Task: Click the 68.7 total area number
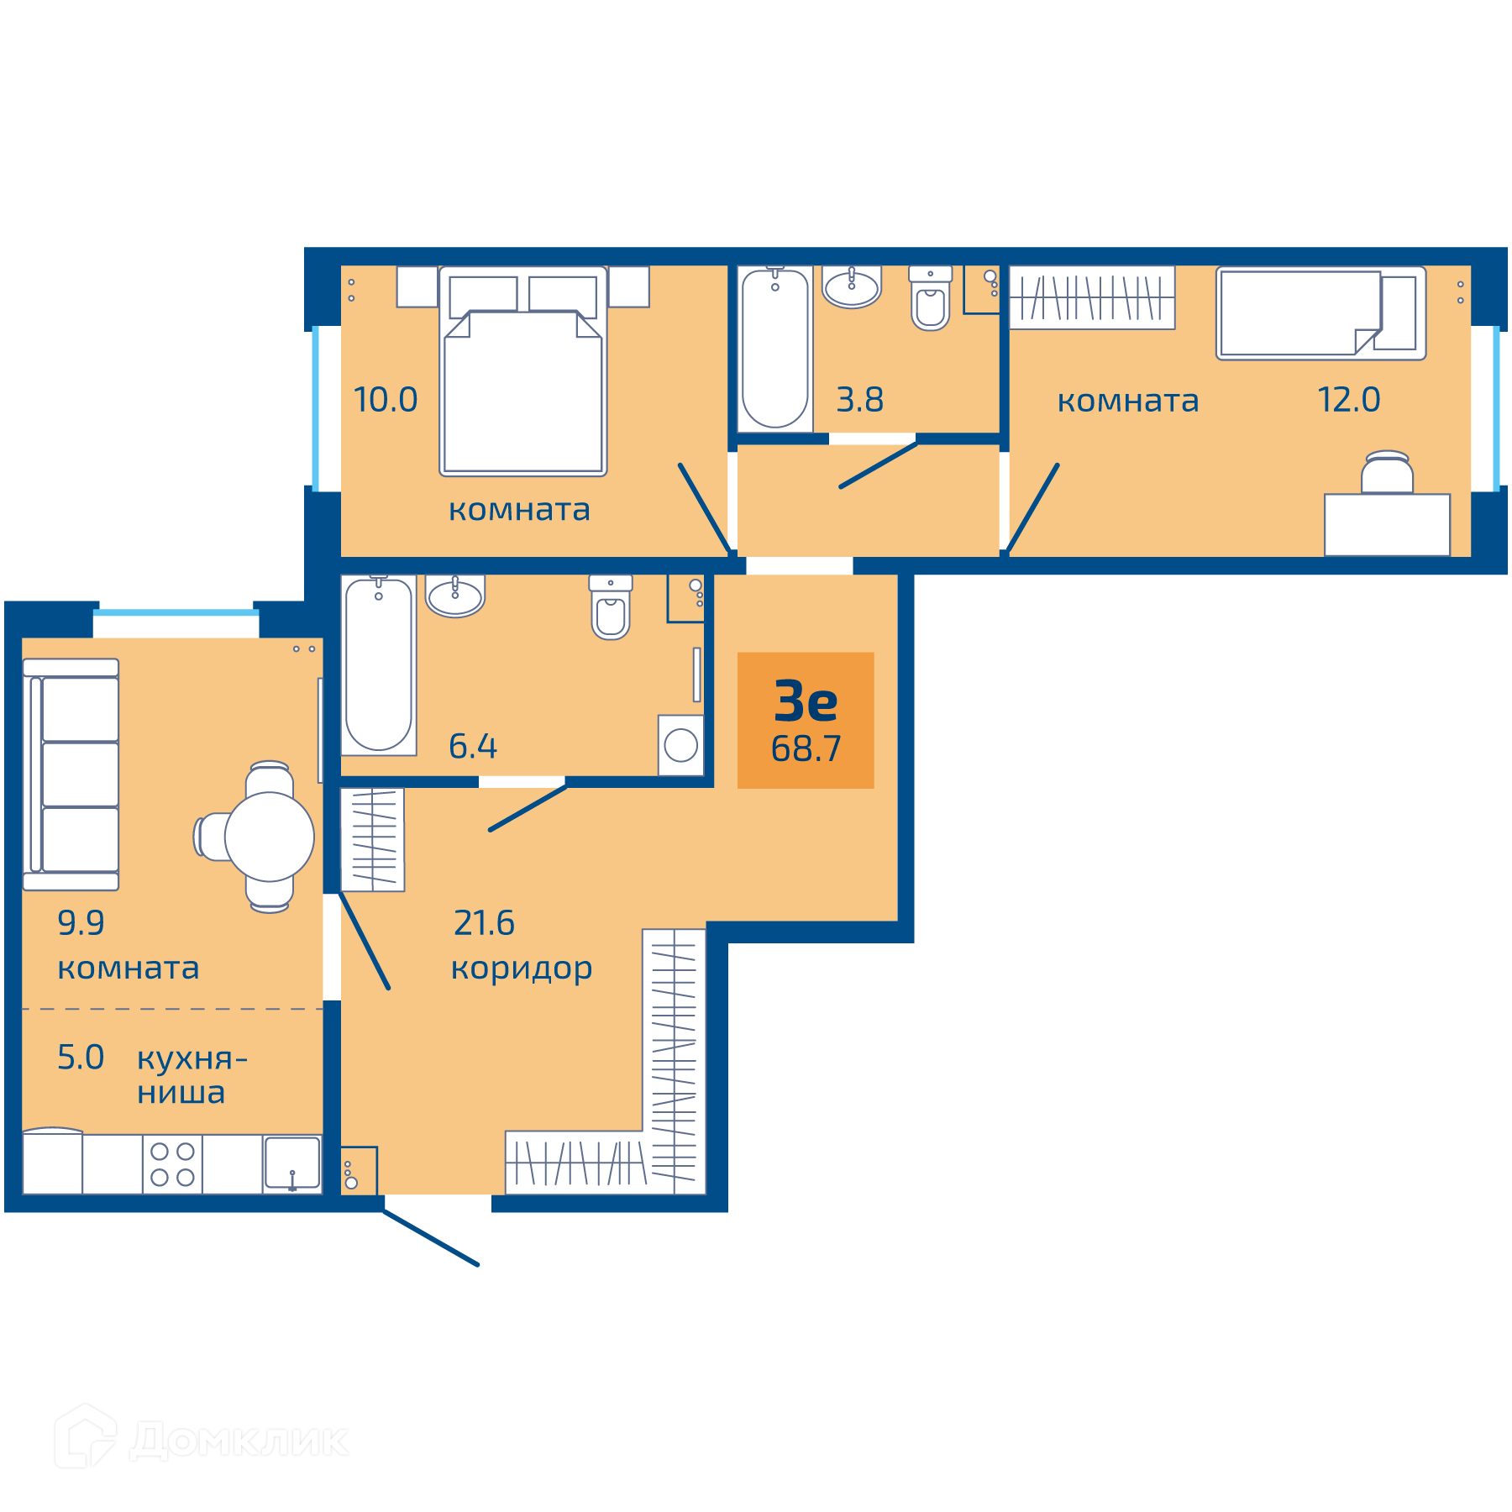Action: (x=806, y=748)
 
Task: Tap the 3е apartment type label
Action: (x=806, y=701)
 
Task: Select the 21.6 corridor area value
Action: (x=484, y=923)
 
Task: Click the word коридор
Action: (x=522, y=969)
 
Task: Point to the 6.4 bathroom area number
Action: (x=473, y=746)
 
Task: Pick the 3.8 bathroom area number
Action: (x=859, y=400)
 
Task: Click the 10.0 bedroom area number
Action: (x=386, y=400)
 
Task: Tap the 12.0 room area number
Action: (x=1348, y=400)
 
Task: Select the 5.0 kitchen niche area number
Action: (x=81, y=1058)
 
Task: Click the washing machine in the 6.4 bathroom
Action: (x=680, y=745)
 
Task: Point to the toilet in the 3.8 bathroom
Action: (x=931, y=298)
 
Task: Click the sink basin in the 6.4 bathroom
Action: (x=455, y=596)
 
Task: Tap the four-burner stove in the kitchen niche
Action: (x=172, y=1164)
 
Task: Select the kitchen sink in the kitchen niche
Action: (x=292, y=1164)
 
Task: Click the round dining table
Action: (x=269, y=837)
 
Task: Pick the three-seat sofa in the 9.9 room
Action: (x=71, y=774)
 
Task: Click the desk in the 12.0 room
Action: (x=1387, y=525)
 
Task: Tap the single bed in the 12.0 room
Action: (x=1321, y=313)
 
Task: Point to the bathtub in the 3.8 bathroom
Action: (x=775, y=349)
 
